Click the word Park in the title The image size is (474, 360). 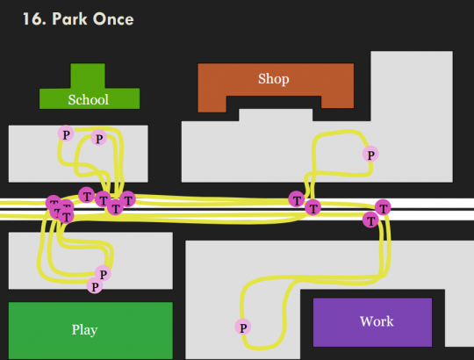(x=69, y=18)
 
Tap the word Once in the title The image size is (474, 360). (x=113, y=18)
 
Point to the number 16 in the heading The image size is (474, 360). (x=32, y=18)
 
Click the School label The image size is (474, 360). (x=89, y=100)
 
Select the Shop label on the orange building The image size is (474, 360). (x=274, y=79)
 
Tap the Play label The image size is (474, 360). (x=84, y=330)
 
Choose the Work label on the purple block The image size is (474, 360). (x=377, y=321)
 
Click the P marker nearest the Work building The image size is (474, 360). (x=243, y=327)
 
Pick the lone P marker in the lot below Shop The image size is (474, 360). (x=370, y=155)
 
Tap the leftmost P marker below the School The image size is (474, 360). (x=66, y=133)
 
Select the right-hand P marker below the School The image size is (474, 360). (x=99, y=138)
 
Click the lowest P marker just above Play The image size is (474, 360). (x=95, y=286)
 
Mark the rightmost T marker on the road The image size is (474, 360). (x=383, y=207)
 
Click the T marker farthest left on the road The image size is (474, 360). (x=54, y=203)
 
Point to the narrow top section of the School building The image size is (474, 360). (x=88, y=76)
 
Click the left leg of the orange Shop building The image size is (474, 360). (x=212, y=104)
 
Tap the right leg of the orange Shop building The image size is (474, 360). (x=338, y=102)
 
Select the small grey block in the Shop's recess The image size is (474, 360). (x=276, y=115)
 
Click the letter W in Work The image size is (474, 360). (x=366, y=321)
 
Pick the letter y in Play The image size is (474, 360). (x=94, y=331)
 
